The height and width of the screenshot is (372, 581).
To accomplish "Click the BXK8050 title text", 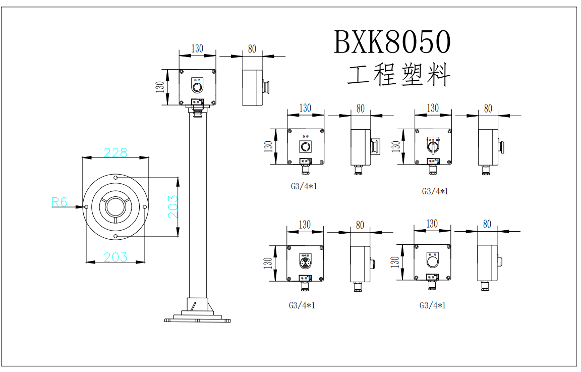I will (392, 42).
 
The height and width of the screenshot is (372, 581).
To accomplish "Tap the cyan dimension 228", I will (115, 152).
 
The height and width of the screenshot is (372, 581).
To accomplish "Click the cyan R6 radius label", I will (60, 202).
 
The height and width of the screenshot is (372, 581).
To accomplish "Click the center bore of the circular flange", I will (115, 207).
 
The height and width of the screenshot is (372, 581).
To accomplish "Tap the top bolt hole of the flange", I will (115, 178).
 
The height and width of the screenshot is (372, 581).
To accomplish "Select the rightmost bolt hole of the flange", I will (145, 207).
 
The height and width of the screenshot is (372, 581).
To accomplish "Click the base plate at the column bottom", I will (197, 319).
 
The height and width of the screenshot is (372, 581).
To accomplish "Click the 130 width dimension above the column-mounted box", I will (197, 49).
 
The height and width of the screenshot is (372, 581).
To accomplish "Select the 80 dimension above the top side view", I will (252, 49).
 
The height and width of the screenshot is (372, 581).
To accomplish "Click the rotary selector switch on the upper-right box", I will (433, 147).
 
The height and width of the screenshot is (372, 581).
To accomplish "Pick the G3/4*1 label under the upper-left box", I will (304, 186).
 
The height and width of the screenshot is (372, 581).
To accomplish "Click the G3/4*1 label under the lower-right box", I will (433, 305).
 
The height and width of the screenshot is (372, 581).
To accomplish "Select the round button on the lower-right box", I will (433, 262).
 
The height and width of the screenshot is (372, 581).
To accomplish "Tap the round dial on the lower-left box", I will (305, 263).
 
